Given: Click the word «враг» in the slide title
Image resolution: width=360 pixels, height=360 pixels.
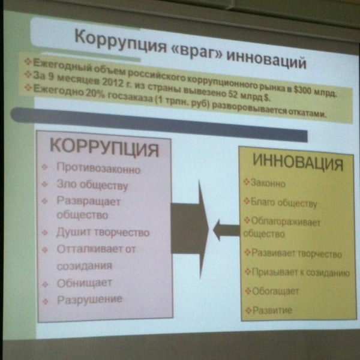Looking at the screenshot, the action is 197,52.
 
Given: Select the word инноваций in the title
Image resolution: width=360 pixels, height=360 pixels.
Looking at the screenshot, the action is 266,59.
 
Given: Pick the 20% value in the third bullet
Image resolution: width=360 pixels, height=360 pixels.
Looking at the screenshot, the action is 95,93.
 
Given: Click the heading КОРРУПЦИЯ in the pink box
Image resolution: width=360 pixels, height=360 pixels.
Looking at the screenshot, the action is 104,148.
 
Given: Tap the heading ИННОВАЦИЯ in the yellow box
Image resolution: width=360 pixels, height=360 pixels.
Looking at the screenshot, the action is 298,162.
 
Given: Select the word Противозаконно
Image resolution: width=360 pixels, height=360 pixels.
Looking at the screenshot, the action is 98,168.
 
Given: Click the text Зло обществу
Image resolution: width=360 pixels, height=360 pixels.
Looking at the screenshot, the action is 92,185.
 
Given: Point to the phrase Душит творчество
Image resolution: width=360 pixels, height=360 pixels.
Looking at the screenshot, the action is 103,232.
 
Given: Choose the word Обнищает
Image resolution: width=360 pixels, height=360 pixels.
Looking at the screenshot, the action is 84,283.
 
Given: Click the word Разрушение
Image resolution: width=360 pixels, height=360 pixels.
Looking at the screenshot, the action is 89,300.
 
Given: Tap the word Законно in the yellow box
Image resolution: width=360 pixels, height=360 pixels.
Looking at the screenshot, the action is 268,183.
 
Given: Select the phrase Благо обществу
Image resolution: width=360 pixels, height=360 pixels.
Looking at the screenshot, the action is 284,203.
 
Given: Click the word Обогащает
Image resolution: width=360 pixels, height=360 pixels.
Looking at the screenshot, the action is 275,292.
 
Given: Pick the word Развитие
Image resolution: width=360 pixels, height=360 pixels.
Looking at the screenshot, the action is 272,310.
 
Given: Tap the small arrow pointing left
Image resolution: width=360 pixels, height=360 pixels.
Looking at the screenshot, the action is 226,230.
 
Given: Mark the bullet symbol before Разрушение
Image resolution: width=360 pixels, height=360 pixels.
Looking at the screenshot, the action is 45,301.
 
